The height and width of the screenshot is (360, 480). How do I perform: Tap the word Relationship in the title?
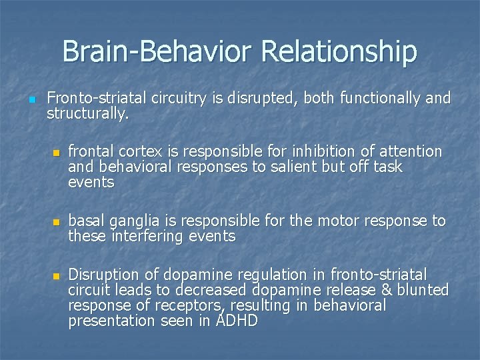(x=339, y=51)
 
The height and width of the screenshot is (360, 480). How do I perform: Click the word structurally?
(x=87, y=114)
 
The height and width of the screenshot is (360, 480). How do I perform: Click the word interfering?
(x=147, y=236)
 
